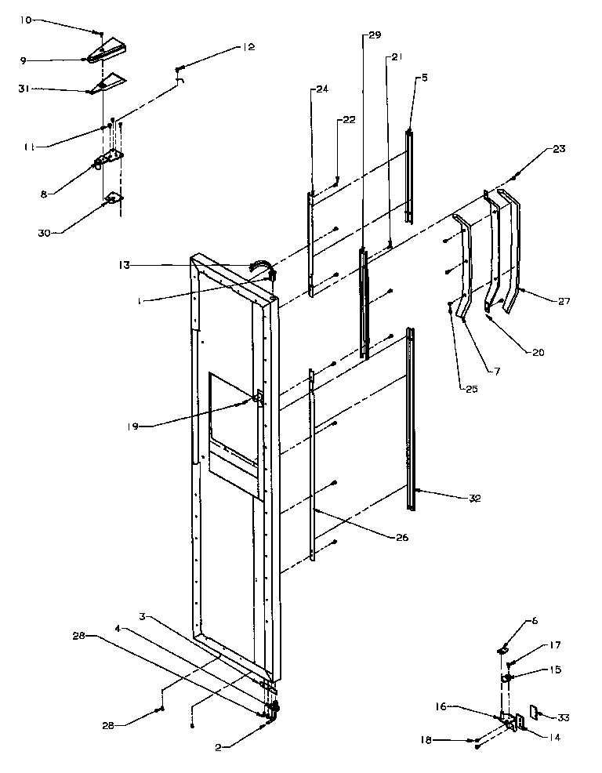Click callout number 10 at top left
[27, 20]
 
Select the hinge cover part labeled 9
[106, 53]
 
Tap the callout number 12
[248, 48]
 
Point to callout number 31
[24, 89]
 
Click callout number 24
[322, 89]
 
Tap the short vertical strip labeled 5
[408, 177]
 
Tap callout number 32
[474, 498]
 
